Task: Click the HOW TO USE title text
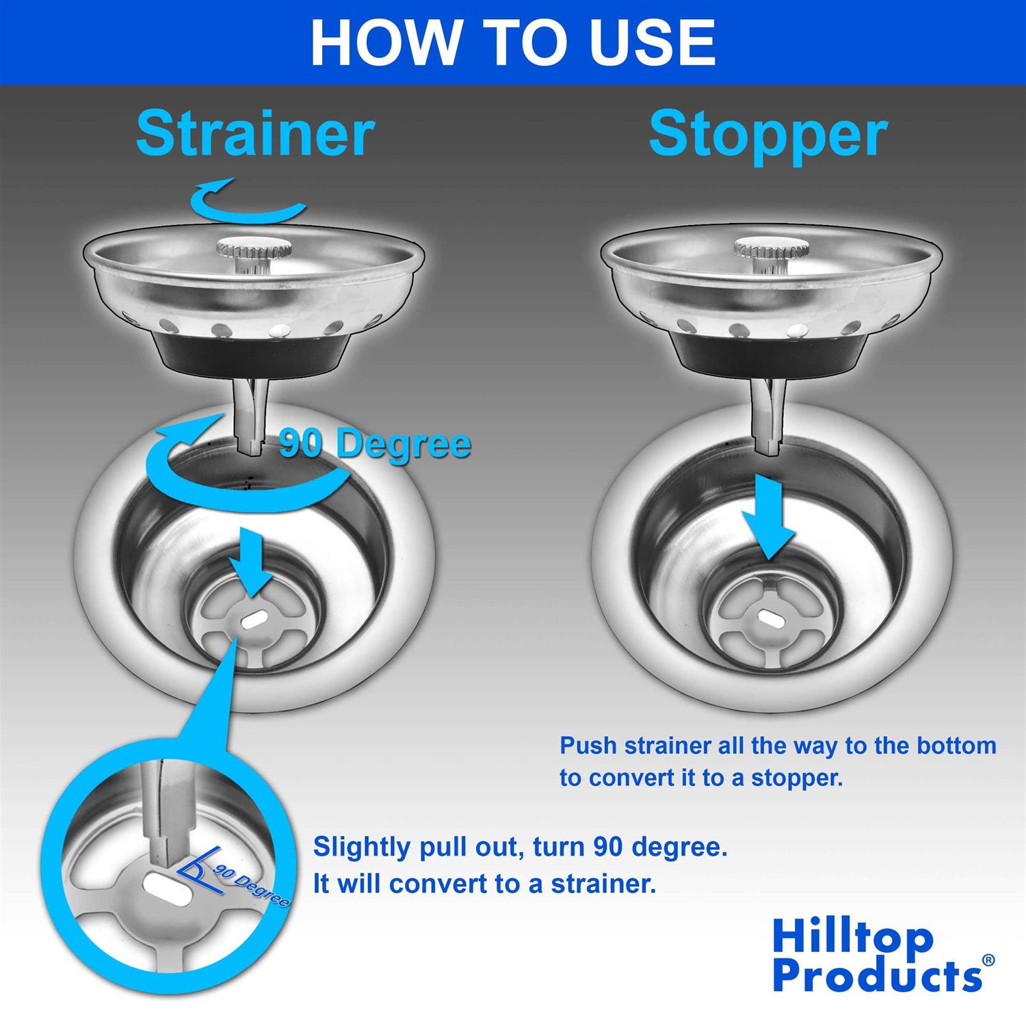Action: click(x=513, y=42)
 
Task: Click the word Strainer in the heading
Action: click(x=255, y=133)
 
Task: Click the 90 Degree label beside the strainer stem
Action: click(x=375, y=445)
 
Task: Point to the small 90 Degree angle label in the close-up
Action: click(x=250, y=886)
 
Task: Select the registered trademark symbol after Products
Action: click(x=988, y=960)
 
